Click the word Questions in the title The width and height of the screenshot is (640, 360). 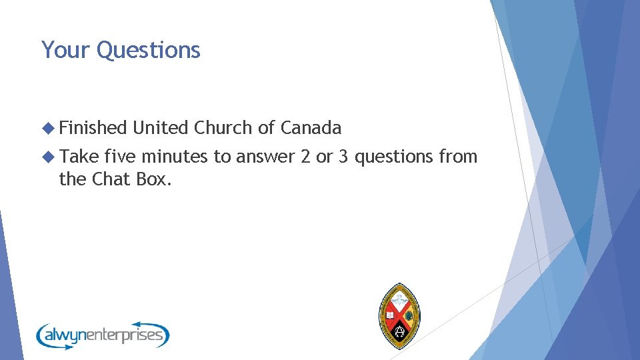[x=149, y=51]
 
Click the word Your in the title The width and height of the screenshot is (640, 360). [x=66, y=50]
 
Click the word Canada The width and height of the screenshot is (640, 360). [x=311, y=127]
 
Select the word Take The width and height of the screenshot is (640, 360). [x=79, y=157]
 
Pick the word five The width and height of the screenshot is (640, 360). [x=119, y=157]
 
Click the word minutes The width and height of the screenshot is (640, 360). [x=175, y=157]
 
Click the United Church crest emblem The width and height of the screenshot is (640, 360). [x=399, y=315]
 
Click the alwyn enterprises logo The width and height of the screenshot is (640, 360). [x=103, y=334]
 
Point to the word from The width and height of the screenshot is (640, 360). [x=458, y=157]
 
